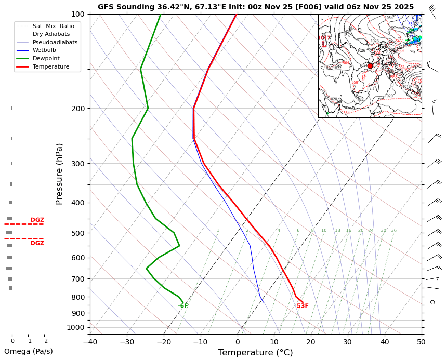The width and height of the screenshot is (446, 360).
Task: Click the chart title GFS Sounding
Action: tap(256, 7)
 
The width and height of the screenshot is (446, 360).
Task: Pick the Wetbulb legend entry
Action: tap(44, 50)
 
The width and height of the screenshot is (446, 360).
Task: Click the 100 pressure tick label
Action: tap(78, 14)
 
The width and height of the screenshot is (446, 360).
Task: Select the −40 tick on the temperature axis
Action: tap(90, 341)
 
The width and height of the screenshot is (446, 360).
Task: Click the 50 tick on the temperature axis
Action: tap(421, 341)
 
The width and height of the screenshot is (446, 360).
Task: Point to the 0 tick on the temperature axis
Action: tap(238, 341)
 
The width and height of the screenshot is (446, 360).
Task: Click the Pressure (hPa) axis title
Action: tap(59, 174)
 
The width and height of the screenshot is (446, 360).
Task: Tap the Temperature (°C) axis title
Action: tap(255, 353)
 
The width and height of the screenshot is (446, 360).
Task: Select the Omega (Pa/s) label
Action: tap(28, 351)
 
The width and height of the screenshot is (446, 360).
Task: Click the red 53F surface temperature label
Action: tap(303, 306)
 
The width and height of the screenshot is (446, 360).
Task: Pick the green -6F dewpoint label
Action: tap(183, 306)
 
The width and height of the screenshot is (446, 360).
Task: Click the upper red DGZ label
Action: tap(37, 220)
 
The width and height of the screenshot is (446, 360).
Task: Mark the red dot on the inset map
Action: tap(370, 66)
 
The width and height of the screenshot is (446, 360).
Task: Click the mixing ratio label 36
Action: tap(393, 231)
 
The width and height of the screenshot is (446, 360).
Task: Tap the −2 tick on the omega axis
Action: tap(44, 341)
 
